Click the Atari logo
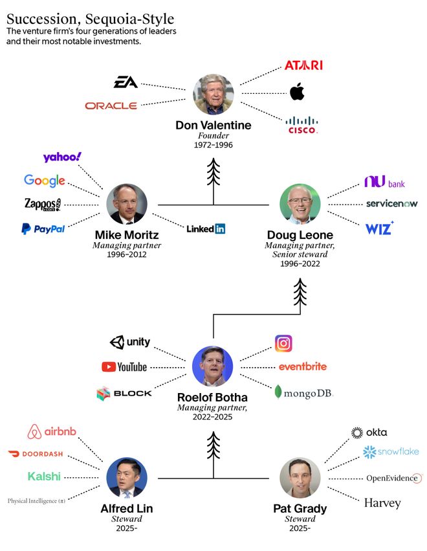tap(303, 65)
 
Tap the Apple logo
tap(297, 93)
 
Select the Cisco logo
tap(303, 124)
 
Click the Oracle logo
tap(111, 106)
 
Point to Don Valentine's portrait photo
tap(213, 95)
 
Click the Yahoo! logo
tap(62, 157)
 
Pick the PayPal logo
tap(43, 229)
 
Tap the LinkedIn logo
tap(206, 229)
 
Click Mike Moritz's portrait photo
tap(127, 204)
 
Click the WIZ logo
tap(379, 228)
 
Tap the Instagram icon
tap(283, 343)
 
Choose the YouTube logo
tap(124, 367)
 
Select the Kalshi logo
tap(44, 477)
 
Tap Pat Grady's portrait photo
tap(300, 478)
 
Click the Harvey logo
tap(382, 503)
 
